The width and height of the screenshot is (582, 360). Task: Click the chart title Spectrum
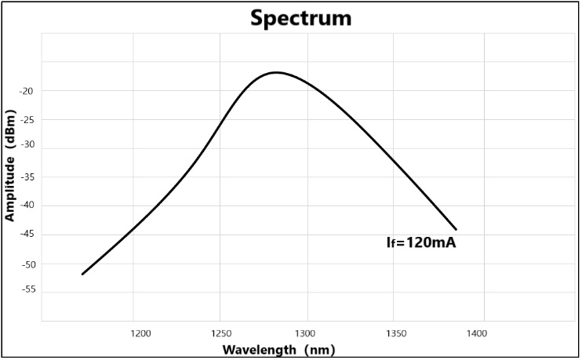[301, 18]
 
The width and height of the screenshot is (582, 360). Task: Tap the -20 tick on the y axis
[27, 91]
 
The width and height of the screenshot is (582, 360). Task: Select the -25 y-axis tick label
[27, 120]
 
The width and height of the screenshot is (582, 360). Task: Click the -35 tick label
[27, 177]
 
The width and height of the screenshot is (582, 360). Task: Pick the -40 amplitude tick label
[27, 205]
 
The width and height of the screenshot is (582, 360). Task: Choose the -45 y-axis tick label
[27, 235]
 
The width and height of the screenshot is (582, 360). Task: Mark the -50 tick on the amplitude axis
[27, 264]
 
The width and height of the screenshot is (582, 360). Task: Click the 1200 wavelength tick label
[141, 333]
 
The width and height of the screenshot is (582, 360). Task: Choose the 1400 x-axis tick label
[477, 333]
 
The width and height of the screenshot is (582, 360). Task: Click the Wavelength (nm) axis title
[279, 350]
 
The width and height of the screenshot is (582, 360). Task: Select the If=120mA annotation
[421, 243]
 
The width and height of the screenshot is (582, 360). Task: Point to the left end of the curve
[82, 274]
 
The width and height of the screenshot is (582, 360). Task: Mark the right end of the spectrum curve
[456, 229]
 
